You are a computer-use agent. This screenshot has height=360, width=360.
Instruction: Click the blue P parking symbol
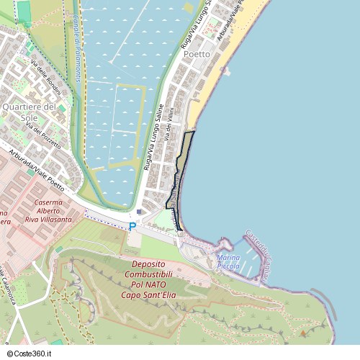click(132, 226)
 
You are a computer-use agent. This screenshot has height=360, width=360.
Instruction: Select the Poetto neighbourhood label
click(197, 54)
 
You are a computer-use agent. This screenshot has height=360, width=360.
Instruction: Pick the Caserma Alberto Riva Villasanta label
click(48, 209)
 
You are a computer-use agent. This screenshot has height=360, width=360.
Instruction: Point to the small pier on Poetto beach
click(226, 71)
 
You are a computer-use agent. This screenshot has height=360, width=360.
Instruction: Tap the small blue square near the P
click(139, 212)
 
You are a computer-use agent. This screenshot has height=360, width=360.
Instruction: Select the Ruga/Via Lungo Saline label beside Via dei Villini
click(153, 137)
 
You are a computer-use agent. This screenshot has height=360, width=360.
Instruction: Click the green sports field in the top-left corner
click(24, 12)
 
